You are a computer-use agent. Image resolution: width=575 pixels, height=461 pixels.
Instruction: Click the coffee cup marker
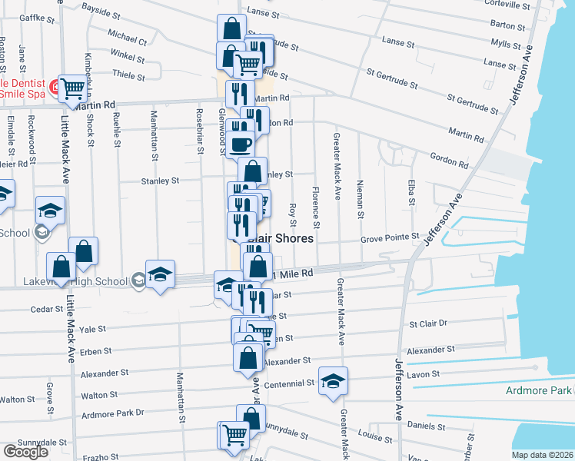tap(240, 144)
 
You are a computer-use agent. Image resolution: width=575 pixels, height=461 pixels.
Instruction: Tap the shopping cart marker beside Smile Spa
tap(72, 88)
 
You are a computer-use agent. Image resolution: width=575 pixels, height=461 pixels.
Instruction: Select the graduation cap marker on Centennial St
tap(333, 380)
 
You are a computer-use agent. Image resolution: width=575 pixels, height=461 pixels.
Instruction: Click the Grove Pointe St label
tap(390, 238)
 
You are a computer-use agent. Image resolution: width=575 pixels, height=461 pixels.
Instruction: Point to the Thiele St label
tap(128, 76)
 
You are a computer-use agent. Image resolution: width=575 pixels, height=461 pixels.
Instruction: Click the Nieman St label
tap(360, 197)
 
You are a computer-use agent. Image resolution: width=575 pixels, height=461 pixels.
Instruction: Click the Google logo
tap(25, 452)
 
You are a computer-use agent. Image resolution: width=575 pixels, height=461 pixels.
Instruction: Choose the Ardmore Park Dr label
tap(112, 413)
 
